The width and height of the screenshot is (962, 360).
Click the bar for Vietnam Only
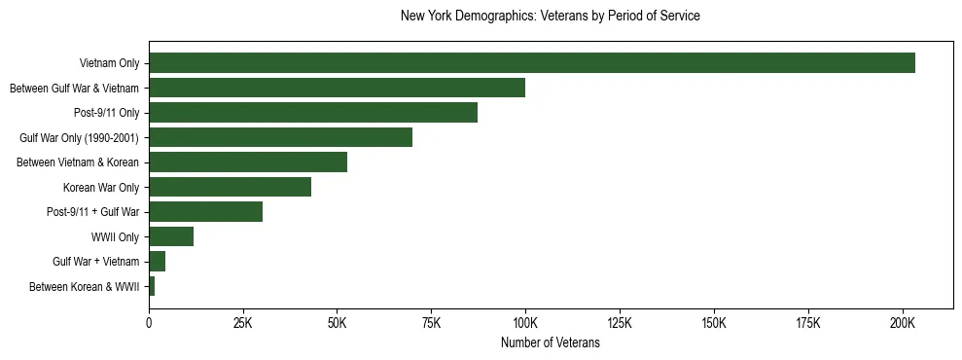[531, 63]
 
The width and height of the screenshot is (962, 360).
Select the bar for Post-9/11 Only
[313, 113]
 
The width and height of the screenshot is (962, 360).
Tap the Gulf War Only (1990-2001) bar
[280, 137]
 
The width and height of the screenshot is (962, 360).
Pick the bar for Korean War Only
[230, 187]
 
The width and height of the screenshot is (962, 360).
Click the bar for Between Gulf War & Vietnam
[337, 88]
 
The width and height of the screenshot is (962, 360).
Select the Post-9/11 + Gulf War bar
[205, 212]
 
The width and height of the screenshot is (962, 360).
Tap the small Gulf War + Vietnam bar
[158, 261]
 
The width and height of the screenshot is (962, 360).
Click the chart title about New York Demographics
[550, 17]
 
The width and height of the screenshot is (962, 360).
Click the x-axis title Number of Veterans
[550, 343]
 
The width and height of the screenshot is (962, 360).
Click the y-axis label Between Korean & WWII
[85, 287]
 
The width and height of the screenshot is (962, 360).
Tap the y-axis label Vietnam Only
[110, 63]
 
